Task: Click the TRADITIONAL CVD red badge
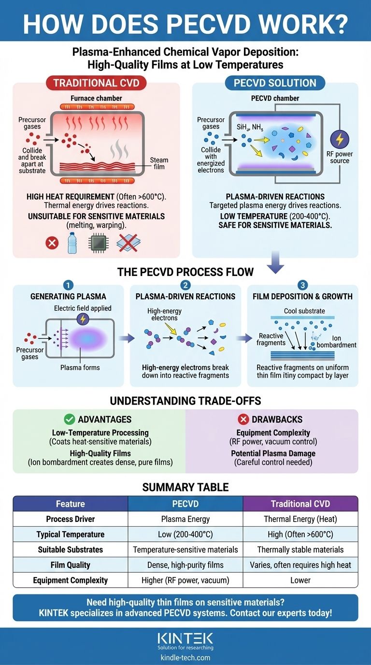pyautogui.click(x=96, y=83)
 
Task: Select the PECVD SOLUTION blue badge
pyautogui.click(x=275, y=83)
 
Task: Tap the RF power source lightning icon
pyautogui.click(x=340, y=140)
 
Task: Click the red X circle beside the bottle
pyautogui.click(x=52, y=243)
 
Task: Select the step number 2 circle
pyautogui.click(x=185, y=285)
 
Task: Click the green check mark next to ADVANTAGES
pyautogui.click(x=70, y=419)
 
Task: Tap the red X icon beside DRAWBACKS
pyautogui.click(x=243, y=419)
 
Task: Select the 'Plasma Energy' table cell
pyautogui.click(x=185, y=519)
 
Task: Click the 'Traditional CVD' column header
pyautogui.click(x=300, y=504)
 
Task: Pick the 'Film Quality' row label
pyautogui.click(x=71, y=564)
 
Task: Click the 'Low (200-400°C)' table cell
pyautogui.click(x=185, y=534)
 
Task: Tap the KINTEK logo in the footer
pyautogui.click(x=185, y=638)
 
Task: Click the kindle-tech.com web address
pyautogui.click(x=185, y=658)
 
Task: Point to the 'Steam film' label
pyautogui.click(x=159, y=163)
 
